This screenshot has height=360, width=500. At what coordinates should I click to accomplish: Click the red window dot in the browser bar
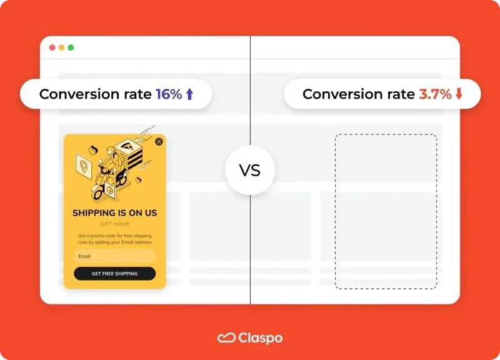tap(52, 47)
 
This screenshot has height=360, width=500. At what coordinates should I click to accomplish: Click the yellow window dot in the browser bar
tap(61, 47)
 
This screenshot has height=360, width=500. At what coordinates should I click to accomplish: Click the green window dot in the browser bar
tap(71, 47)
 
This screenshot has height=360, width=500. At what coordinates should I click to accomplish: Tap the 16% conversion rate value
tap(169, 94)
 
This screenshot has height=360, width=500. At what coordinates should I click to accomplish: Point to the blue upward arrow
tap(190, 94)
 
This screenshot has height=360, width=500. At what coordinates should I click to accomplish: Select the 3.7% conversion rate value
tap(434, 94)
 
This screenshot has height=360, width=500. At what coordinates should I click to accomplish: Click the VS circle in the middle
tap(250, 170)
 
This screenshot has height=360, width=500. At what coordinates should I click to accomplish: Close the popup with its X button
tap(159, 142)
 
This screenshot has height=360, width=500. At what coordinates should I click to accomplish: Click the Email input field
tap(114, 256)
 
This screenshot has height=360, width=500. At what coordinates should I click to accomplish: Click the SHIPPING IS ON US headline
tap(114, 213)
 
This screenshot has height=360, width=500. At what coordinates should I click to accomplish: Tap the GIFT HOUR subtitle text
tap(114, 224)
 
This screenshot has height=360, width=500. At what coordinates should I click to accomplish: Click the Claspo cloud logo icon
tap(226, 338)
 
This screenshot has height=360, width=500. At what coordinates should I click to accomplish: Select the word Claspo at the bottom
tap(260, 338)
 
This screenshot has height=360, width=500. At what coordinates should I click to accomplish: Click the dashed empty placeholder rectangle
tap(386, 211)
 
